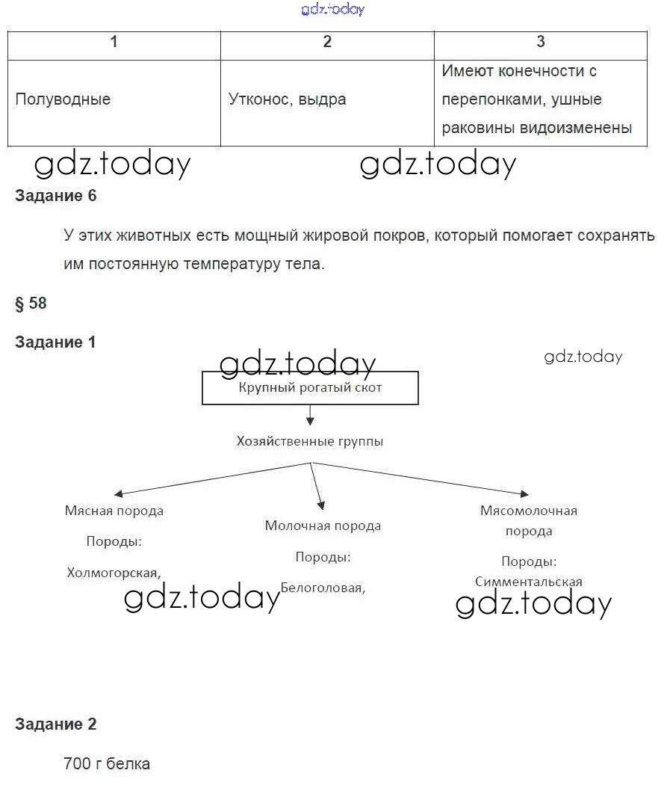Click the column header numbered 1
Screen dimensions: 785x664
click(x=114, y=43)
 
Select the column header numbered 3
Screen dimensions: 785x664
click(x=541, y=43)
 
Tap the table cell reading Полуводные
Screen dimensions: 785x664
click(x=63, y=99)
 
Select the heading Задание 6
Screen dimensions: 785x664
click(x=56, y=196)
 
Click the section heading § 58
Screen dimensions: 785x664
click(x=31, y=303)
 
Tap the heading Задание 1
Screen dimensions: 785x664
click(x=56, y=342)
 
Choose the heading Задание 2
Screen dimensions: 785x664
click(x=56, y=724)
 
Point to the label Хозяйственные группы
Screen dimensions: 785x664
click(x=310, y=441)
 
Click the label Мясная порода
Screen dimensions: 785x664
click(x=114, y=511)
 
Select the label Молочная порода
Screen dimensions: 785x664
click(x=323, y=526)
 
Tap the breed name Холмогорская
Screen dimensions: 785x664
click(x=113, y=573)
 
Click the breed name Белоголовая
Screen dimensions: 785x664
click(x=322, y=588)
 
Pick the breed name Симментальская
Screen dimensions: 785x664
click(x=528, y=581)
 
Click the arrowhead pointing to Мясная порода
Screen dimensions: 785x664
click(x=118, y=494)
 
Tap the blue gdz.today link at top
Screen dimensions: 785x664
click(x=333, y=10)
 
